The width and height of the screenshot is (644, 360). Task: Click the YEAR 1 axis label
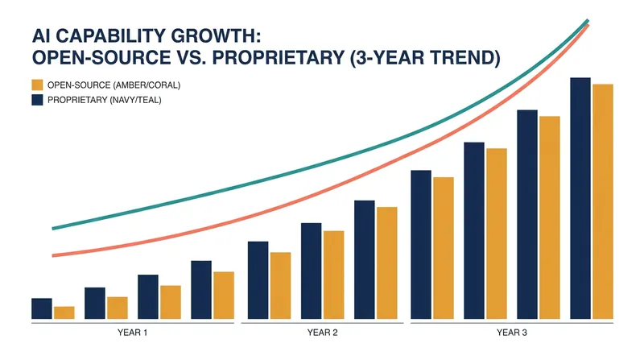(132, 333)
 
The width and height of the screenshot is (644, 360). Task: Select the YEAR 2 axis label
(323, 333)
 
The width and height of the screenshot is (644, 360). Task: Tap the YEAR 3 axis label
(512, 333)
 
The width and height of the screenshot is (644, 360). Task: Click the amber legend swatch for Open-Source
(37, 85)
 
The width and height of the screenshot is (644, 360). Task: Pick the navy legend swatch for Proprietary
(37, 100)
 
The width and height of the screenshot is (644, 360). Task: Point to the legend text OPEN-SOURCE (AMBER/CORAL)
(114, 85)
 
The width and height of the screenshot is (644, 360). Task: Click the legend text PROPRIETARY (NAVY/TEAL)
(105, 100)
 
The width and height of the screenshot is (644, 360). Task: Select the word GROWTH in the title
(215, 36)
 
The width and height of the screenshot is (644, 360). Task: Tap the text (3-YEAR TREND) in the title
(425, 57)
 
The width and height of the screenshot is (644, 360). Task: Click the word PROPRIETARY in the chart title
(278, 57)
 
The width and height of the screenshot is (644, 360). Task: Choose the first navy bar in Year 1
(42, 308)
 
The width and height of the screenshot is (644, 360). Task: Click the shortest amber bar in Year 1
(64, 312)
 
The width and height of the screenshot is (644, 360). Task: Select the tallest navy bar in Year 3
(580, 198)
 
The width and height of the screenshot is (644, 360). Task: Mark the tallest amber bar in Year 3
(603, 202)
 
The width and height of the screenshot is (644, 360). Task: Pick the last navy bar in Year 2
(365, 259)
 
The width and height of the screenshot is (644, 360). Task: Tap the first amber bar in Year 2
(280, 286)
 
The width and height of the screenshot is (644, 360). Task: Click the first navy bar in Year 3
(421, 245)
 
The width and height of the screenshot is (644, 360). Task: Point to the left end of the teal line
(53, 229)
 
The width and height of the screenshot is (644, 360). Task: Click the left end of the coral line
(53, 255)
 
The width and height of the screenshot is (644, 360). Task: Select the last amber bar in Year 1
(224, 296)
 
